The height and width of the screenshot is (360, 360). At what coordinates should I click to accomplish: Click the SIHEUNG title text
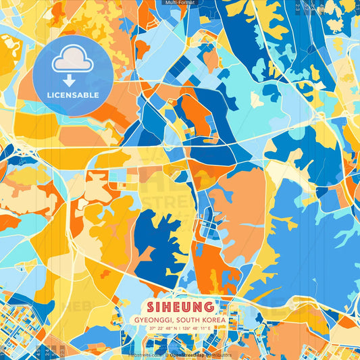(x=180, y=307)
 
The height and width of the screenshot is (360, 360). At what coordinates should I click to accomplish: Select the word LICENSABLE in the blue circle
(x=74, y=95)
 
